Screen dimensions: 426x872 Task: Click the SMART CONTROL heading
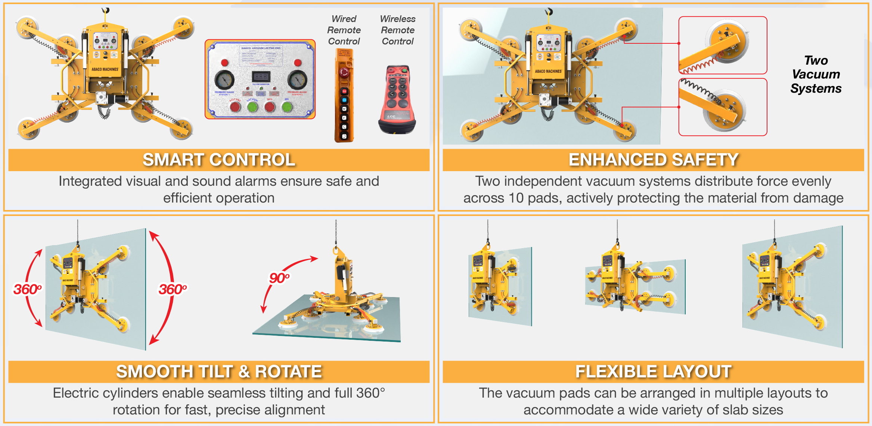click(x=219, y=160)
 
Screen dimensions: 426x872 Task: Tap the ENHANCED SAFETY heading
click(x=653, y=160)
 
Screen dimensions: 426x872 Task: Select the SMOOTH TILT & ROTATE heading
click(x=219, y=372)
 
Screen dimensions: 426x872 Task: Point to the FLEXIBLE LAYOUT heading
click(x=653, y=372)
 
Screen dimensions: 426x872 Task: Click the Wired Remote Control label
click(x=344, y=30)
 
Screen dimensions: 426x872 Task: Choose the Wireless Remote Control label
click(x=398, y=30)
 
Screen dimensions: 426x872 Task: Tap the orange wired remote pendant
click(x=344, y=96)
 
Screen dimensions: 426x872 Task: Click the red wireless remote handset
click(x=397, y=99)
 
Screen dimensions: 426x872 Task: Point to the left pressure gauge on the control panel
click(x=224, y=79)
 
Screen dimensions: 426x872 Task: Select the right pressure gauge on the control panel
click(x=297, y=79)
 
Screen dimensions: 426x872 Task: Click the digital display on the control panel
click(x=261, y=77)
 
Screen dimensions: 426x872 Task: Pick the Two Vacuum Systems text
click(x=816, y=74)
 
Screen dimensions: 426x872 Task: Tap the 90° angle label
click(x=279, y=278)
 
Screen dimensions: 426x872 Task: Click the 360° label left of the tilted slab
click(x=27, y=289)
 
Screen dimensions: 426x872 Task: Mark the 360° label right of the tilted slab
click(x=173, y=289)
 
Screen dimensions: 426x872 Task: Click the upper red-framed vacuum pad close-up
click(x=723, y=45)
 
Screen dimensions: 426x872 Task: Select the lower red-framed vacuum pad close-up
click(x=723, y=107)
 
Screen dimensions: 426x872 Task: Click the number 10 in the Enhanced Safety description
click(x=516, y=198)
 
